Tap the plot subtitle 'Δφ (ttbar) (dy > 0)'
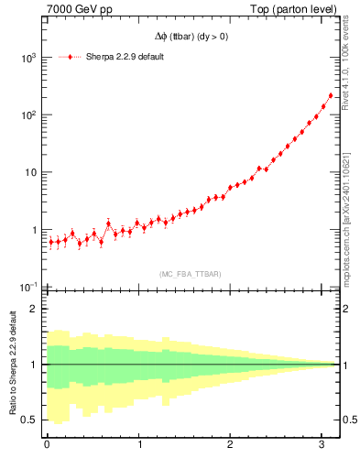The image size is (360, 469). click(x=191, y=37)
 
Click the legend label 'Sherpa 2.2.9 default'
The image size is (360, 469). click(x=125, y=57)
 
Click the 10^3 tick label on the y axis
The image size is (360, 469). click(x=28, y=58)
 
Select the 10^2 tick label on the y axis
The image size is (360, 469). click(x=28, y=115)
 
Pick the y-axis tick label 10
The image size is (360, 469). click(x=30, y=173)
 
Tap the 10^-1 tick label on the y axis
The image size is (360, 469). click(x=27, y=288)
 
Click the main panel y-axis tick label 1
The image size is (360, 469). click(x=35, y=230)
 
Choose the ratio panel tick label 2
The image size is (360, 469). click(x=35, y=309)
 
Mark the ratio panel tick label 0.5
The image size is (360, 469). click(x=30, y=420)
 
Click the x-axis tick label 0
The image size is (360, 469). click(x=47, y=445)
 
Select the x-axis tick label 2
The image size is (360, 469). click(x=231, y=445)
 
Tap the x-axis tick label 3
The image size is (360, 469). click(x=323, y=445)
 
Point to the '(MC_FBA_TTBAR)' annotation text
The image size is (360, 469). click(x=191, y=274)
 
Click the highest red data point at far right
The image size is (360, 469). click(x=331, y=95)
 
